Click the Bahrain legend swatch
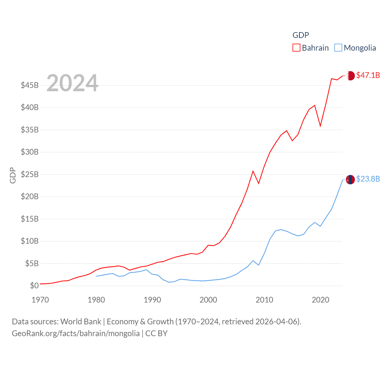tap(296, 48)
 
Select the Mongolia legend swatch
tap(338, 48)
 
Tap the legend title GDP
tap(300, 35)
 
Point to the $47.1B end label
tap(368, 75)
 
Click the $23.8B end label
tap(368, 179)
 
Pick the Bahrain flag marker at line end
tap(350, 75)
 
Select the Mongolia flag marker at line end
tap(350, 179)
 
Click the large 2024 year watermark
tap(72, 83)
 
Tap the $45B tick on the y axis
tap(29, 85)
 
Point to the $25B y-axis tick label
tap(29, 174)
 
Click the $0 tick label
tap(34, 286)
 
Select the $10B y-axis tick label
tap(29, 241)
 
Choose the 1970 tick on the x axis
tap(40, 300)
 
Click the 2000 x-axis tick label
tap(208, 300)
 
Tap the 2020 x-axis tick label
tap(320, 300)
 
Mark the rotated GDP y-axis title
tap(12, 175)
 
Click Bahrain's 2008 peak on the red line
tap(253, 171)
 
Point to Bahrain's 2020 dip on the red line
tap(320, 126)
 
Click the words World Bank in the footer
tap(81, 321)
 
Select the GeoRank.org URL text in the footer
tap(76, 333)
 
